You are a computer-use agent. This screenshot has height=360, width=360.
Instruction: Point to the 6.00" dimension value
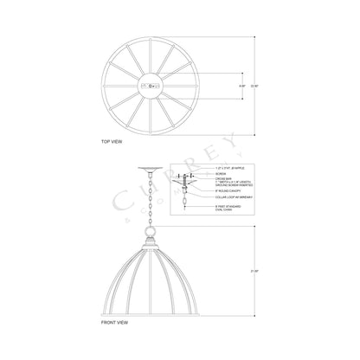(x=241, y=87)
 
